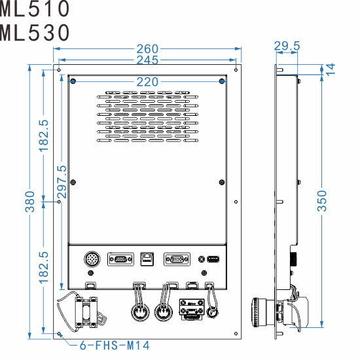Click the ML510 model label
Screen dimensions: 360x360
point(35,9)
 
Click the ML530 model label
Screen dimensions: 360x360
point(35,32)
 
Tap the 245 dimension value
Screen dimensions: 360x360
point(147,60)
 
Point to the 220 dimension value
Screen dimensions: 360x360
point(147,82)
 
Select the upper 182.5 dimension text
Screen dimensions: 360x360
point(44,135)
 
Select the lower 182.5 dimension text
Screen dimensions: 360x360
point(44,267)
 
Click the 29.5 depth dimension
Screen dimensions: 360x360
point(287,46)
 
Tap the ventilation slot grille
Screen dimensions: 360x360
point(147,117)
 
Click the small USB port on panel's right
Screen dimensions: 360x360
point(213,260)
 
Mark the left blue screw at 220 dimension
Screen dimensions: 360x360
point(73,82)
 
